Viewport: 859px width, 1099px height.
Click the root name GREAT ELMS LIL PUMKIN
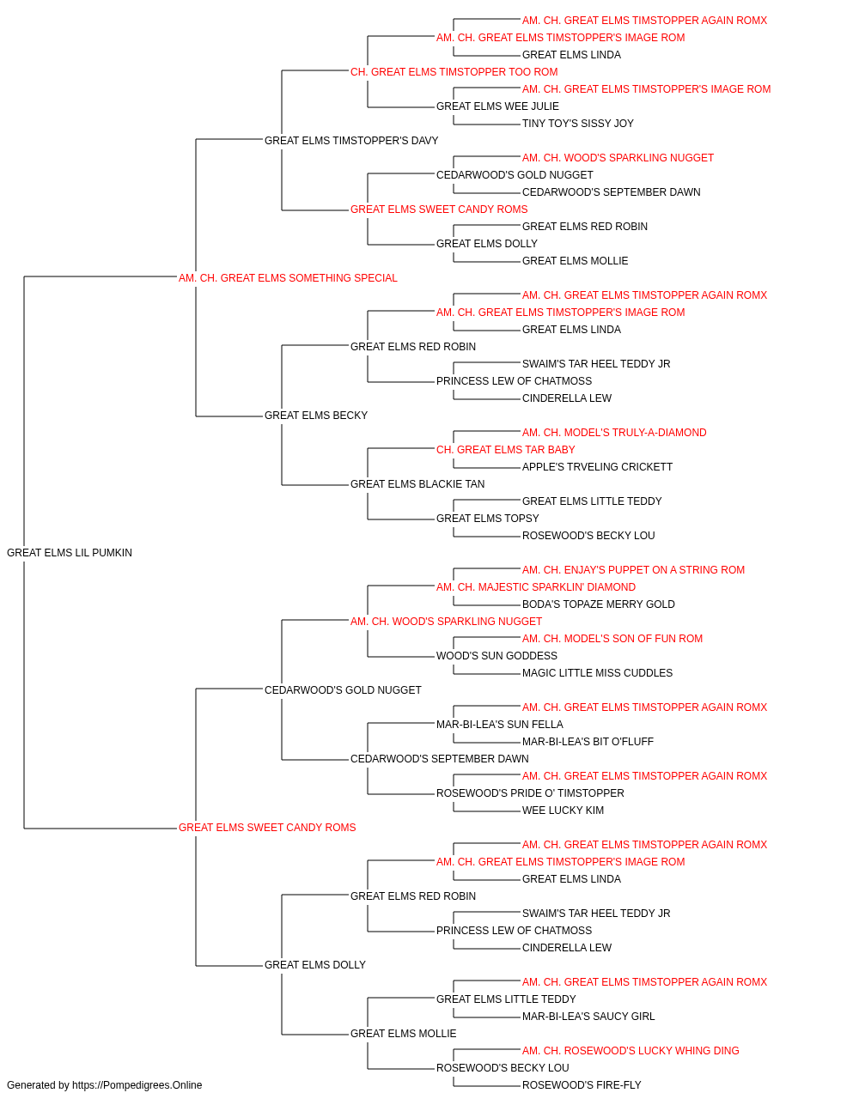[70, 553]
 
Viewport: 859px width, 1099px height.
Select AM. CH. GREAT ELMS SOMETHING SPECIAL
[288, 278]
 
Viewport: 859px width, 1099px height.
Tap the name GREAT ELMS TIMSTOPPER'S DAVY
[351, 141]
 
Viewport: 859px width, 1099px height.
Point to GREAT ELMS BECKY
[315, 416]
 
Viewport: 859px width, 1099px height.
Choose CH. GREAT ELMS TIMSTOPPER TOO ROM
[454, 72]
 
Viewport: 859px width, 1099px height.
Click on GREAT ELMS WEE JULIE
[497, 106]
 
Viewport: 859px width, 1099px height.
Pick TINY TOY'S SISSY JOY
[578, 124]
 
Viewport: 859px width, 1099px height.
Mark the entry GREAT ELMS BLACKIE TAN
[417, 484]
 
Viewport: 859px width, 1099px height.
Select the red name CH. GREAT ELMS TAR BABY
[505, 450]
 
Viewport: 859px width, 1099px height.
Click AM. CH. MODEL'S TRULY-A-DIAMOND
[614, 433]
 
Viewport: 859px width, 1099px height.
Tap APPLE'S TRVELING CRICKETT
[597, 467]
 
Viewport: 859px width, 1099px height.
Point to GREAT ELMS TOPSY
[487, 519]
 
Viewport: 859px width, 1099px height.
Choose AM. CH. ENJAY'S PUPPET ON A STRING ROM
[633, 570]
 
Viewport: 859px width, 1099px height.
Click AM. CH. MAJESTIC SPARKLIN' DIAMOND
[536, 587]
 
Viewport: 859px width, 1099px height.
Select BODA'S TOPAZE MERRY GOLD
[599, 604]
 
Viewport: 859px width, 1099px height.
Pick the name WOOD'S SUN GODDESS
[497, 656]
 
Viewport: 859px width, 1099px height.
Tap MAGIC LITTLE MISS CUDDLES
[597, 673]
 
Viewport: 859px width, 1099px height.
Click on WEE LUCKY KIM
[563, 811]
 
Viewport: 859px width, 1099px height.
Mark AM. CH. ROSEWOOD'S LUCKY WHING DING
[631, 1051]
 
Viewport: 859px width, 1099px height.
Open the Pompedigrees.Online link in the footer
[137, 1085]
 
